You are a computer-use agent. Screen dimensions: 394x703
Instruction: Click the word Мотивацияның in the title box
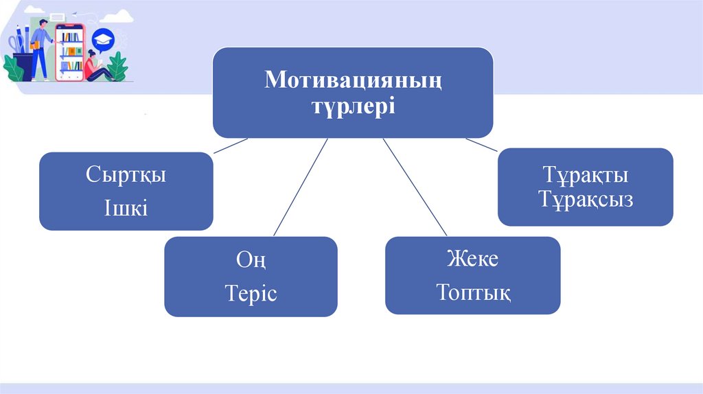coord(353,81)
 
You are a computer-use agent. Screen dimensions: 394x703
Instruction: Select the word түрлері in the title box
coord(353,106)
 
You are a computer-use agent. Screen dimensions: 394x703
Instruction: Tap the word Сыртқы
coord(126,175)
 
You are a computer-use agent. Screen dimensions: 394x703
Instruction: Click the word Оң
coord(251,261)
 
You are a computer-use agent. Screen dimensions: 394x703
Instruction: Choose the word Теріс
coord(251,294)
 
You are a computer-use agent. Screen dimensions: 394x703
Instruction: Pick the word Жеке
coord(472,260)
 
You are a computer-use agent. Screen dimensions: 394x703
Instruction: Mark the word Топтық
coord(472,293)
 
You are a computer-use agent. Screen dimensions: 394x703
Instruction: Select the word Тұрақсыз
coord(585,200)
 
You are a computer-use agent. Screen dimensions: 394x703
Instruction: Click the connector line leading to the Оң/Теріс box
coord(300,187)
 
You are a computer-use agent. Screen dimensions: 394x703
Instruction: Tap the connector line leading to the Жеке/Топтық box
coord(411,187)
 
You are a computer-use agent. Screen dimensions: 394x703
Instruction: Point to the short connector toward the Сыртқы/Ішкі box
coord(230,145)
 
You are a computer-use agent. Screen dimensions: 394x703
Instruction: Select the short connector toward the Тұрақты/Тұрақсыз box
coord(481,144)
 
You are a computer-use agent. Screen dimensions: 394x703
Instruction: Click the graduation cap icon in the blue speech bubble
coord(103,38)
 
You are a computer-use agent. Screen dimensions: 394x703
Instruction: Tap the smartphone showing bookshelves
coord(70,52)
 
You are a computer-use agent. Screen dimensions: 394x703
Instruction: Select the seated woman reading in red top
coord(93,67)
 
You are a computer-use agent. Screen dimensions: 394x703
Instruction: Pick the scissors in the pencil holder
coord(15,45)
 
